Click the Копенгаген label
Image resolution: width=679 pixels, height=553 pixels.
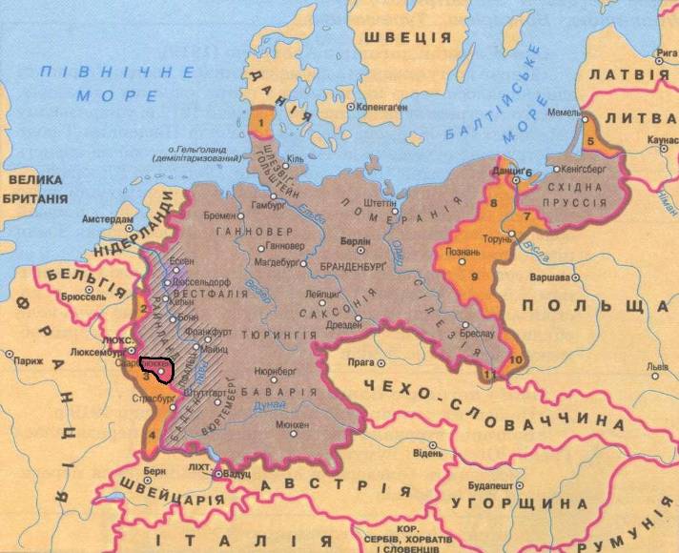[385, 107]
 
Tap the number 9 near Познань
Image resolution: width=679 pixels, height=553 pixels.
[474, 276]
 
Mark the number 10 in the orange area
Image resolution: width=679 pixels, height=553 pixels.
[516, 359]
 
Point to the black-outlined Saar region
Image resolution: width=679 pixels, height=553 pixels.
[156, 369]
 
